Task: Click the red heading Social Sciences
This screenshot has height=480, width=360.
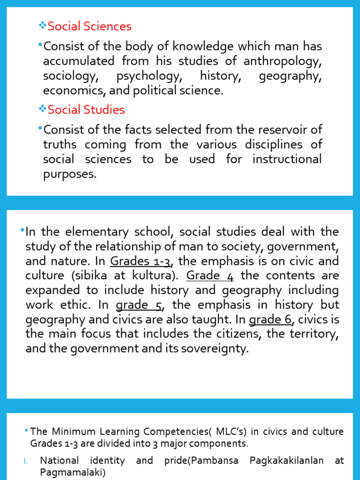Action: click(x=90, y=27)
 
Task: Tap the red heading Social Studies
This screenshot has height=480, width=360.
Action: click(x=86, y=110)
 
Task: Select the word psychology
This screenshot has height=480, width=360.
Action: click(x=148, y=76)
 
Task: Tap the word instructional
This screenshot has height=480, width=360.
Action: click(x=287, y=159)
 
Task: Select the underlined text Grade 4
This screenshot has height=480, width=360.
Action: click(x=210, y=276)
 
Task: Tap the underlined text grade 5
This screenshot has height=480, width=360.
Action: click(x=139, y=305)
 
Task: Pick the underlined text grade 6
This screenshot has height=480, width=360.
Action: click(x=270, y=320)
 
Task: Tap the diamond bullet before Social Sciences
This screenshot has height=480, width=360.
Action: click(x=43, y=26)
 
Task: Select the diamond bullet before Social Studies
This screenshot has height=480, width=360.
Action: click(x=43, y=110)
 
